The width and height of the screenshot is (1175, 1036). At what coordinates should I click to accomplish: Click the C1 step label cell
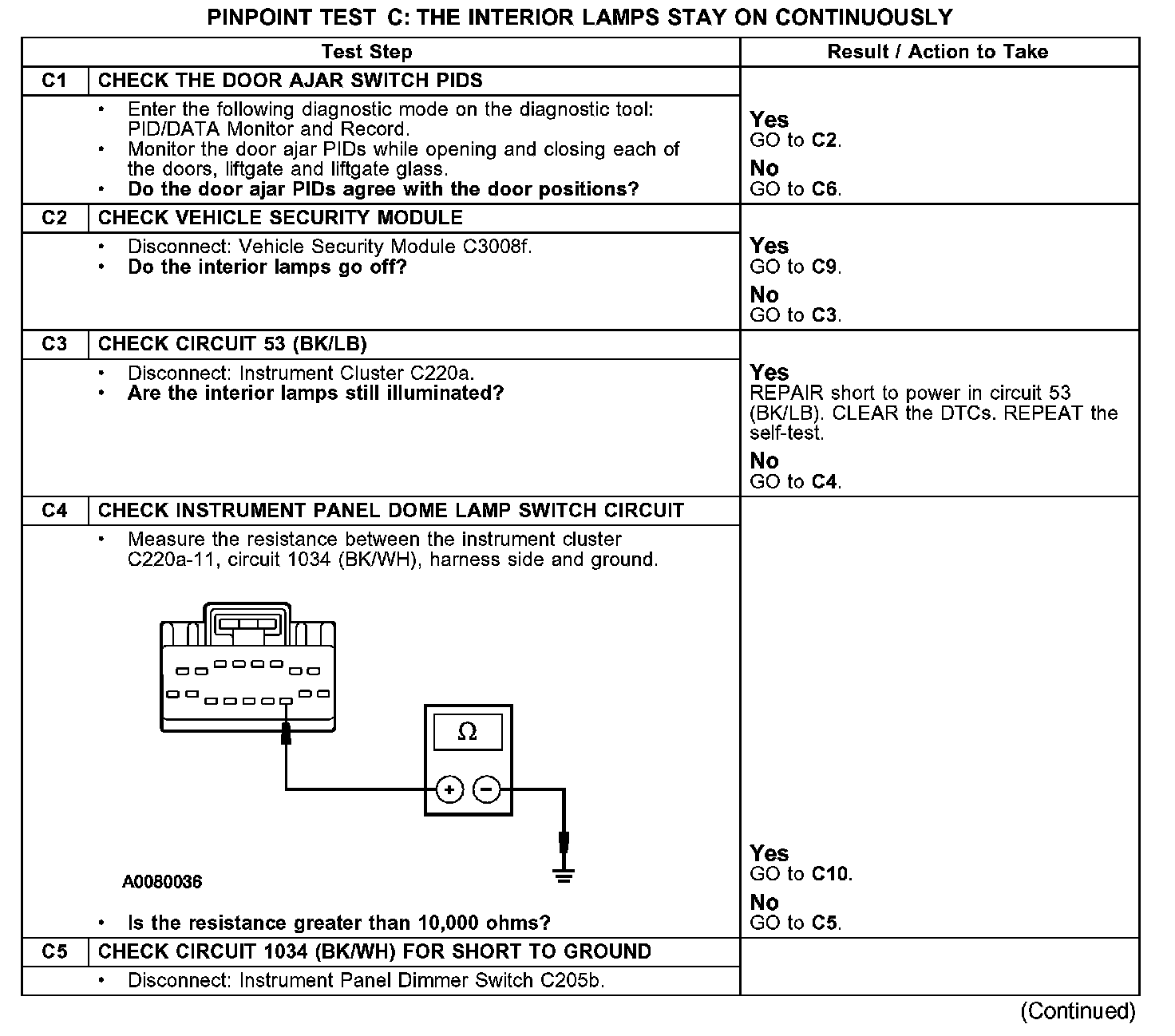click(54, 81)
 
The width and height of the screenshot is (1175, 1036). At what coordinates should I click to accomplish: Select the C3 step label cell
click(54, 344)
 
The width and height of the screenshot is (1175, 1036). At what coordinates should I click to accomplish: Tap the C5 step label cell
click(54, 951)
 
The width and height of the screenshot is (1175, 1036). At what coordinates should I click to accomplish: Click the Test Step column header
click(366, 52)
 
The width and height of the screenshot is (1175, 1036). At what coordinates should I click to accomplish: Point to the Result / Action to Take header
click(938, 52)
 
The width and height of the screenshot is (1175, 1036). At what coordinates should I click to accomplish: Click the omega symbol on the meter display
click(467, 731)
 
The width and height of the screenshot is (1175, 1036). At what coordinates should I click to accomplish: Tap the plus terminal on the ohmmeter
click(449, 789)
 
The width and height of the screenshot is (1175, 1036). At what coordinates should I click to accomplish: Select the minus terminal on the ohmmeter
click(487, 789)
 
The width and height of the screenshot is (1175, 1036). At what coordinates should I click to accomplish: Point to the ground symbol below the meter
click(564, 876)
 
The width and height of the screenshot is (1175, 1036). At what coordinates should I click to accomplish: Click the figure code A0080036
click(162, 882)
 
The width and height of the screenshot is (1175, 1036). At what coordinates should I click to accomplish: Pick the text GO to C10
click(801, 874)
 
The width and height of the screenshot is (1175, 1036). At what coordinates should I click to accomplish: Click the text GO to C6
click(796, 189)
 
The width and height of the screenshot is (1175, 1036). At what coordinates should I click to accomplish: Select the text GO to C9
click(796, 267)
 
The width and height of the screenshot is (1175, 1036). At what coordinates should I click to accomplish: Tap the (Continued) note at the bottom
click(1078, 1011)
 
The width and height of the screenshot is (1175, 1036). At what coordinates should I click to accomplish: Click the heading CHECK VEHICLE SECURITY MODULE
click(280, 218)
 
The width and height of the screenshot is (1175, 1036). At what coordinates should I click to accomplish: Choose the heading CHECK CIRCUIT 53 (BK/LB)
click(232, 344)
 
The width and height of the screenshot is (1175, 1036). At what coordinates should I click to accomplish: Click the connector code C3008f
click(497, 247)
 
